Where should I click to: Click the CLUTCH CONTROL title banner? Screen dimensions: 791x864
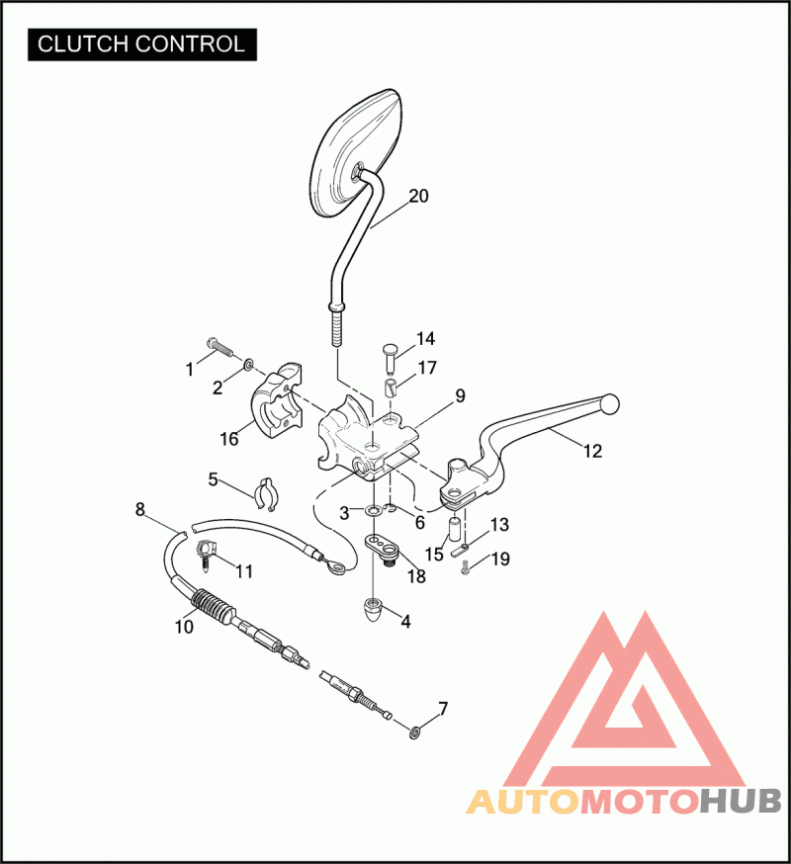[x=142, y=44]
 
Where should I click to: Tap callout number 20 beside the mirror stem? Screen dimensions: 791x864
[x=418, y=196]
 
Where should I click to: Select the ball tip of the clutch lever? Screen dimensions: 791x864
[x=609, y=405]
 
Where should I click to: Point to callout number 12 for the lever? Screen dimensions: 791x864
[x=592, y=452]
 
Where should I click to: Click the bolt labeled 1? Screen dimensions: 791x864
[x=220, y=348]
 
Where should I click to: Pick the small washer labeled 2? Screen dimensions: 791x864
[x=248, y=364]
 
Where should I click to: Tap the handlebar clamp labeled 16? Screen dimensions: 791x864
[x=278, y=403]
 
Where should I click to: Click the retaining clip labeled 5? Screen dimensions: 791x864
[x=267, y=493]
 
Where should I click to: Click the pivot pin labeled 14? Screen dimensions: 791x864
[x=391, y=357]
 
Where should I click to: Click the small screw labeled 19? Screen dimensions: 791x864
[x=466, y=567]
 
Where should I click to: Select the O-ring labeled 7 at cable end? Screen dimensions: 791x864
[x=414, y=733]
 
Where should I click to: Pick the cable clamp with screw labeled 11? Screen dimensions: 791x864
[x=207, y=555]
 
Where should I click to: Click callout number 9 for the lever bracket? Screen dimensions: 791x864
[x=460, y=396]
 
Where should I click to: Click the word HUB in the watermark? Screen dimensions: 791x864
[x=742, y=801]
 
